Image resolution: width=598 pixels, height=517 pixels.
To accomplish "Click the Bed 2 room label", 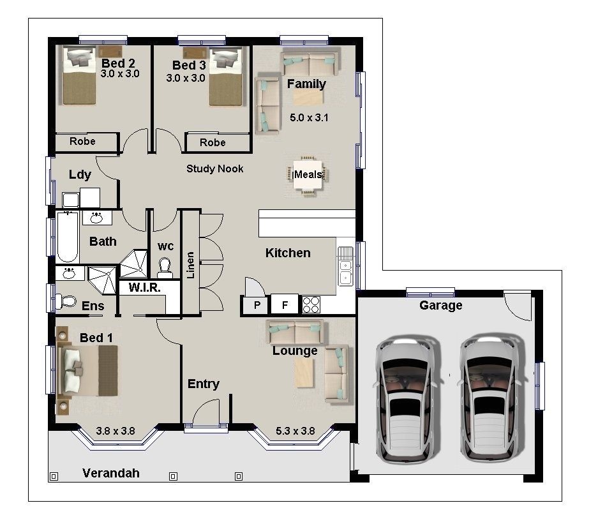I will click(118, 63).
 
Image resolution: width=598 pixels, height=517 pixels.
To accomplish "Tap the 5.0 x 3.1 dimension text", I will click(309, 117).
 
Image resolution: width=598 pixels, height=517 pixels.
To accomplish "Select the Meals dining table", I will click(308, 174).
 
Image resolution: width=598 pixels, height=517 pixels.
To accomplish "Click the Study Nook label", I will click(214, 169).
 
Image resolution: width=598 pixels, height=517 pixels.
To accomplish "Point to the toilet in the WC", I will click(165, 267).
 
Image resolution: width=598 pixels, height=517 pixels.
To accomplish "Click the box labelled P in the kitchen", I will click(257, 305).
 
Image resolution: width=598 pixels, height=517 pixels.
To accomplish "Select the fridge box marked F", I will click(285, 305).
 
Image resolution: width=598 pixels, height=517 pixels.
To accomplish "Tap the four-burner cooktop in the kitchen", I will click(311, 304).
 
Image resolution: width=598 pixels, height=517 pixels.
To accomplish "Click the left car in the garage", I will click(408, 399).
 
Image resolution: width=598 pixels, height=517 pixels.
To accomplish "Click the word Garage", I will click(440, 306).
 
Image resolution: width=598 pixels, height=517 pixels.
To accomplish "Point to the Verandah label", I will click(110, 473).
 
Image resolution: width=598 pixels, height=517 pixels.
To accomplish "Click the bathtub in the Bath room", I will click(67, 237).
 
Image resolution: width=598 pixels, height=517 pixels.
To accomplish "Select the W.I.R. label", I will click(144, 288).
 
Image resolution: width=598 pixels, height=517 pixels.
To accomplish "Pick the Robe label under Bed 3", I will click(213, 142).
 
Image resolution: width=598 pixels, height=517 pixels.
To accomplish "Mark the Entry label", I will click(203, 384).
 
